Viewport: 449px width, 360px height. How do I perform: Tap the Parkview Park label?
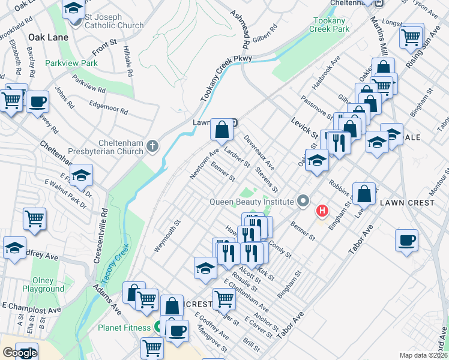71,63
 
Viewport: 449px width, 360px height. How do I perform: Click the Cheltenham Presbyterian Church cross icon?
153,145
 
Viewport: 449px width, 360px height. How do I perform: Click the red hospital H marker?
322,211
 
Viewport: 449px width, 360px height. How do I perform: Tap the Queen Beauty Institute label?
251,202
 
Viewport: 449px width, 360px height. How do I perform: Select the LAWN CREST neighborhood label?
407,203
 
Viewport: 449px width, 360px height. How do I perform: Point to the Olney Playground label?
43,284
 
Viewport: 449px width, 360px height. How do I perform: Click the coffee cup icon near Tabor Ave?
407,241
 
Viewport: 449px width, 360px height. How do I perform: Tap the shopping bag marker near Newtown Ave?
221,129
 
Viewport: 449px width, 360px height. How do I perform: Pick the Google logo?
20,353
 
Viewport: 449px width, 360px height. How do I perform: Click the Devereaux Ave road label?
259,152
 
